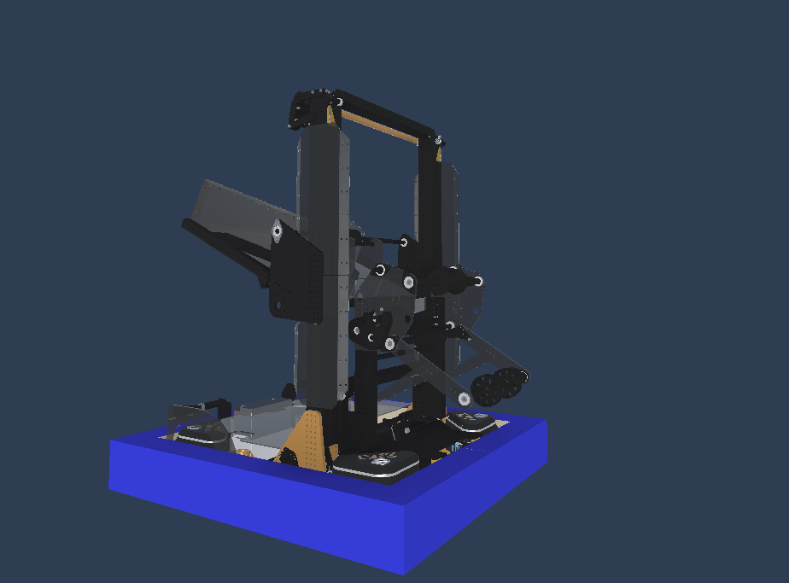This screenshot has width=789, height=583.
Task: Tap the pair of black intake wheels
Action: click(x=495, y=386)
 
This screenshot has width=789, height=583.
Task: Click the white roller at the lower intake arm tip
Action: click(x=465, y=399)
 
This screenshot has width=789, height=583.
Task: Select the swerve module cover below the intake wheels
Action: click(x=469, y=420)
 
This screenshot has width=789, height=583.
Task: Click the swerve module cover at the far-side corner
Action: click(x=202, y=431)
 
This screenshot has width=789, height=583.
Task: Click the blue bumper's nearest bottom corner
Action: click(x=403, y=570)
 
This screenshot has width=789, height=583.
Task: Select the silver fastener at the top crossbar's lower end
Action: click(x=438, y=140)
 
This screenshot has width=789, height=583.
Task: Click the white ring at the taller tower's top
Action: click(x=338, y=102)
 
